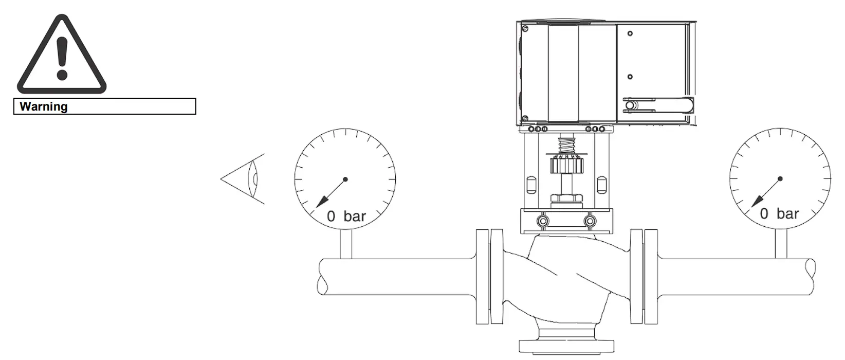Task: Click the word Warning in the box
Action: (x=44, y=106)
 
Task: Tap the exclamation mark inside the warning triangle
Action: (x=62, y=59)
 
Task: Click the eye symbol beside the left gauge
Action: (x=243, y=179)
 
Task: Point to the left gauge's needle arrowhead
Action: (x=322, y=202)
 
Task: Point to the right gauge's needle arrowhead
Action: (x=758, y=201)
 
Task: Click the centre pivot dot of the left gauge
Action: (x=345, y=179)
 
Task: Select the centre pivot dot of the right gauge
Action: (x=780, y=178)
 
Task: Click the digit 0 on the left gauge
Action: (x=331, y=216)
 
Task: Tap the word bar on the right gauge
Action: (x=787, y=214)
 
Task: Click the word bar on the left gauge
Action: (x=355, y=216)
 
